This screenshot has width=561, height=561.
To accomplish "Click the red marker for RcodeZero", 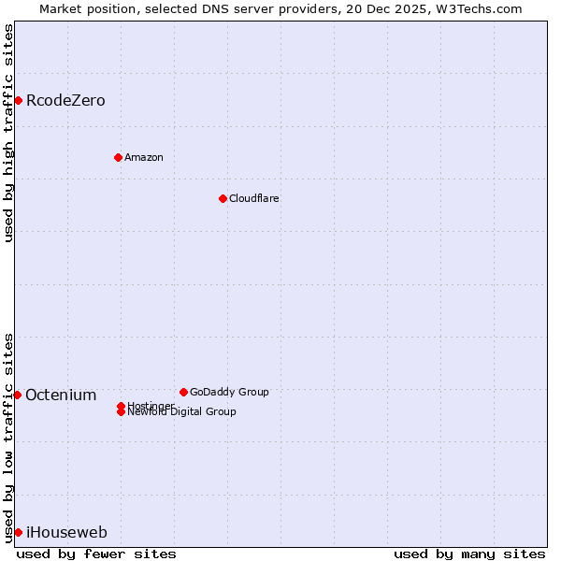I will point(18,100).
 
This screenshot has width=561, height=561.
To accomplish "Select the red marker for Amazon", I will point(118,157).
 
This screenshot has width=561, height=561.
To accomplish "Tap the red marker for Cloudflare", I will point(223,198).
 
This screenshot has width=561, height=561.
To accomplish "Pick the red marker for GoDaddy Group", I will point(183,392).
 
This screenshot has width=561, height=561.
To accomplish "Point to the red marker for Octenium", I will point(17,395).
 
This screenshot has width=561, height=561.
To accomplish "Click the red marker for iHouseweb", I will point(18,532).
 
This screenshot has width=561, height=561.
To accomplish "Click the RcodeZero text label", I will point(65,100).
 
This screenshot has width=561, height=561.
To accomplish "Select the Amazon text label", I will point(144,157).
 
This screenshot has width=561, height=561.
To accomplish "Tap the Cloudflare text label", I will point(254,198).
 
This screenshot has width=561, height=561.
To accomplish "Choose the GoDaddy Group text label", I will point(229,392).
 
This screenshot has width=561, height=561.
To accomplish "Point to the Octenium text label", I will point(61,395).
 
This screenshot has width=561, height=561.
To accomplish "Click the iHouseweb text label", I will point(66,532).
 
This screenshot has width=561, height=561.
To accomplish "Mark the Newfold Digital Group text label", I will point(182,412).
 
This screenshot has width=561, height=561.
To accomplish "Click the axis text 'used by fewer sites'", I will point(96,554).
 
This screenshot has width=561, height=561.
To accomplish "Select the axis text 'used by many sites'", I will point(469,554).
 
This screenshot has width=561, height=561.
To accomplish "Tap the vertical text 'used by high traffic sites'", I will point(8,133).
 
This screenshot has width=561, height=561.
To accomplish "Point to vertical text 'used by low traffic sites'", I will point(8,437).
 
